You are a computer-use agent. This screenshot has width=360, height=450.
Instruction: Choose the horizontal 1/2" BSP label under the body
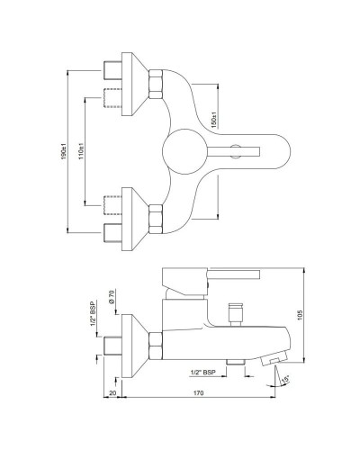203,372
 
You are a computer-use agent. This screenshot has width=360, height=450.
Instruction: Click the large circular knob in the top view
184,148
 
